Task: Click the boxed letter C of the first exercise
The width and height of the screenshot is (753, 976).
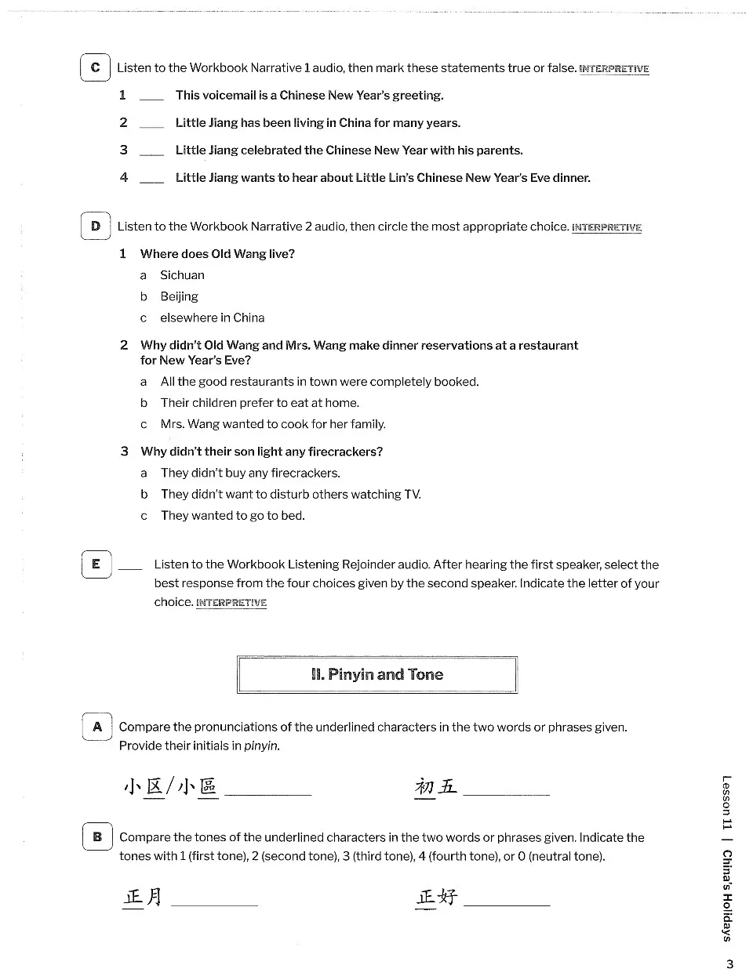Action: (x=95, y=67)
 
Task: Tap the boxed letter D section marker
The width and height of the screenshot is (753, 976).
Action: (x=95, y=227)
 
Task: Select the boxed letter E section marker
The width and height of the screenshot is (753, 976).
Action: (x=96, y=564)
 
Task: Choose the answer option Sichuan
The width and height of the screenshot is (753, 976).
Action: (x=182, y=275)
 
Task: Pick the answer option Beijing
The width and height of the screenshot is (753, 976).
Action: (x=179, y=296)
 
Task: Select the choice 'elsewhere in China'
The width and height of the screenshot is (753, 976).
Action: (x=212, y=317)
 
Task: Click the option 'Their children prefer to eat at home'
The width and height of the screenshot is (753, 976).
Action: (x=260, y=403)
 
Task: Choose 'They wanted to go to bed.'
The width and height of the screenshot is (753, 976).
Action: (x=232, y=516)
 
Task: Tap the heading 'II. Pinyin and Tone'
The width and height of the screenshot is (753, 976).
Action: (x=377, y=675)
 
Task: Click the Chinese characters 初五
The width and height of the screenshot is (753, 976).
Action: (x=435, y=786)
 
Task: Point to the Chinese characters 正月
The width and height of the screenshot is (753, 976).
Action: (x=143, y=896)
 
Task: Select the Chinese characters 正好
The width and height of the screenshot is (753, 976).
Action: (x=436, y=896)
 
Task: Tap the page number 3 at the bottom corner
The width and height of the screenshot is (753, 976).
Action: (x=729, y=964)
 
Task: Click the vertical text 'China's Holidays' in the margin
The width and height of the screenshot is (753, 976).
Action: (x=727, y=895)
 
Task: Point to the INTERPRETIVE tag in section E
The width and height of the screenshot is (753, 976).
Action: (x=231, y=603)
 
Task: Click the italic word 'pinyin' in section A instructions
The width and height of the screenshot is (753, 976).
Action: (x=262, y=746)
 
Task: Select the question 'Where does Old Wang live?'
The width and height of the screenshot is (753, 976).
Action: (x=217, y=254)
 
